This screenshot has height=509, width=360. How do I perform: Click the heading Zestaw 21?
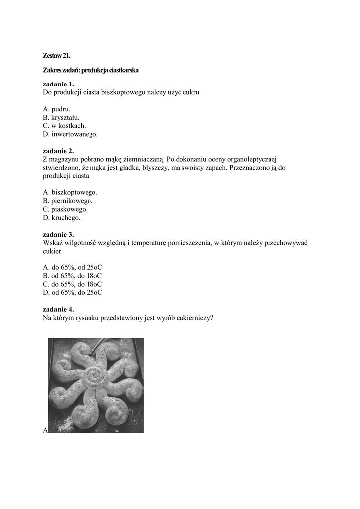click(56, 57)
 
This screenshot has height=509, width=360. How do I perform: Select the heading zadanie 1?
click(58, 84)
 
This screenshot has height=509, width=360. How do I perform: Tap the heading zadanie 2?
click(58, 151)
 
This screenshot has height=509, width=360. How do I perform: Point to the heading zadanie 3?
click(58, 234)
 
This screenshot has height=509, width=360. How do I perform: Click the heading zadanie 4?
click(58, 309)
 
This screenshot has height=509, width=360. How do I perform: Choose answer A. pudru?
click(57, 109)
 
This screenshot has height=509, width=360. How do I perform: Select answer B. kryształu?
click(61, 117)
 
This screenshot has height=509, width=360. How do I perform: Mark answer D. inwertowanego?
click(70, 134)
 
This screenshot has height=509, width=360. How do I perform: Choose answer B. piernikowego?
click(68, 201)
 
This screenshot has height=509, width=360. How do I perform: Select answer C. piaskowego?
click(66, 209)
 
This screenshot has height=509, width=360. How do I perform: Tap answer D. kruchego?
click(62, 218)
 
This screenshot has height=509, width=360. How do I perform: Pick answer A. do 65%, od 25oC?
click(73, 267)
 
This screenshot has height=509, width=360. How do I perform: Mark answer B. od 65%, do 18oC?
click(73, 276)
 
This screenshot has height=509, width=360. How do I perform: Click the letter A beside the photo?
click(45, 430)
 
